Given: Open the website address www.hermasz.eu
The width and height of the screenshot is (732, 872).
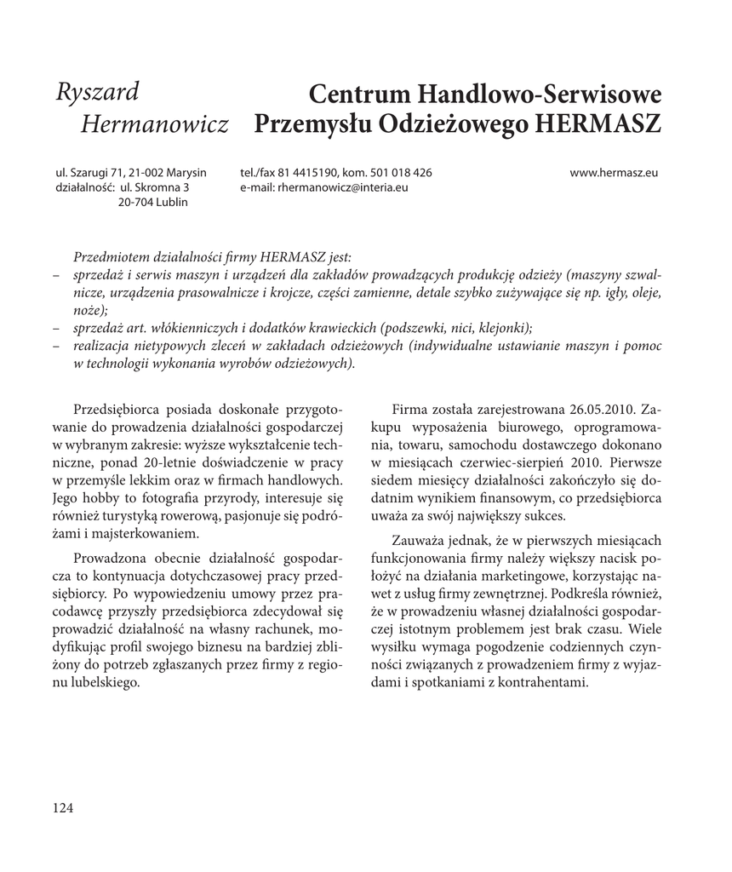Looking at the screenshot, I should point(615,173).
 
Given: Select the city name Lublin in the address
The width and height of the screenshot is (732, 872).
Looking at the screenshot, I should point(171,202).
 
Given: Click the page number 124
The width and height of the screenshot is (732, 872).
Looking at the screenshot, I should point(63,808).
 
